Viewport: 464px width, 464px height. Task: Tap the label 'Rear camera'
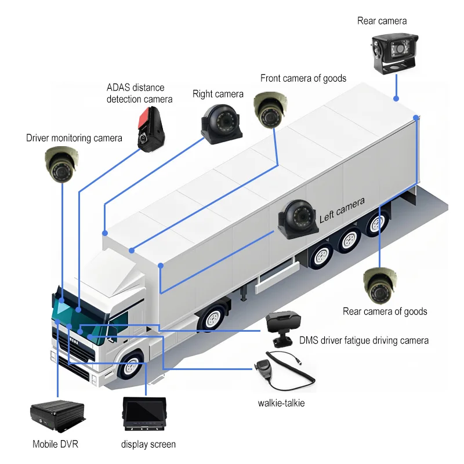[382, 21]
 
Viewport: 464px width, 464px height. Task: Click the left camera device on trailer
[298, 219]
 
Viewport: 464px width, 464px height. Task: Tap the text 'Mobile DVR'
[55, 445]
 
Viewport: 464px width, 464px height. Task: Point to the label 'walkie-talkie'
[281, 403]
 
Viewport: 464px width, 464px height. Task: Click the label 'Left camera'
[342, 210]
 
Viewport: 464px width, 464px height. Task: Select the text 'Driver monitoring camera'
[74, 138]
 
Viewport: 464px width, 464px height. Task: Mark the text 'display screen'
[148, 445]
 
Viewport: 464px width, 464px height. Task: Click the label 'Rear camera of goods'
[385, 312]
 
